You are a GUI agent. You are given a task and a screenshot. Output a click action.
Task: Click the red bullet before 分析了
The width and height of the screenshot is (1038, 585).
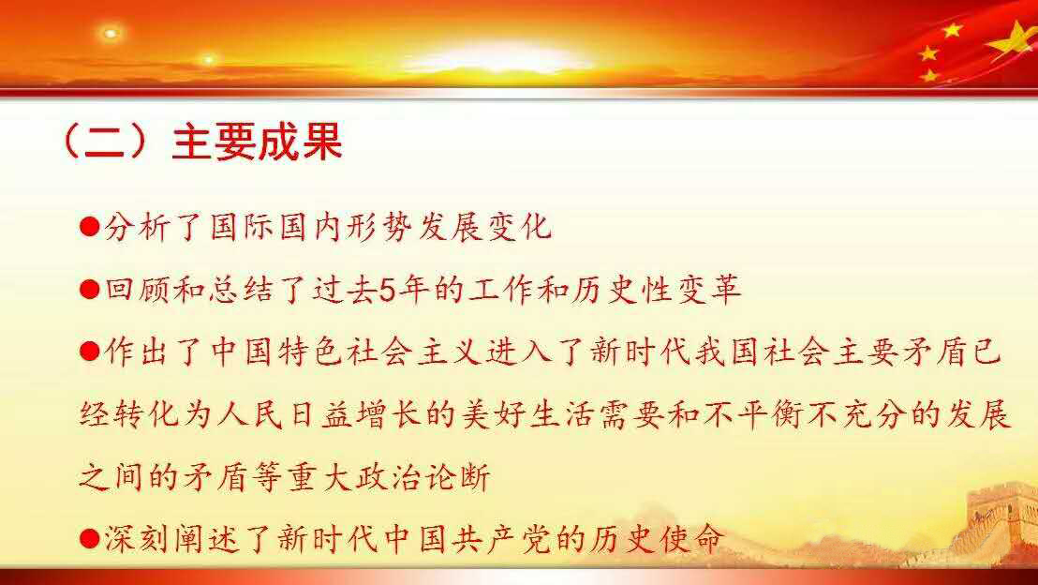pos(89,227)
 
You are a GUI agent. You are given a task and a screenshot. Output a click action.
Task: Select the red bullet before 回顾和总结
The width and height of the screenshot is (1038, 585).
pos(89,290)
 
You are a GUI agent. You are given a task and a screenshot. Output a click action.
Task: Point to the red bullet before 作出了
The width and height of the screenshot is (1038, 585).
pos(89,352)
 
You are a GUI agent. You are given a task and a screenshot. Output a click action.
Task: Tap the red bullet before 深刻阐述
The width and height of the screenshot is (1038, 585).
pos(89,539)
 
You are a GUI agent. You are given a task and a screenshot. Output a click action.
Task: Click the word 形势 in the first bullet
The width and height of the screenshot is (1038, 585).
pos(378,227)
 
